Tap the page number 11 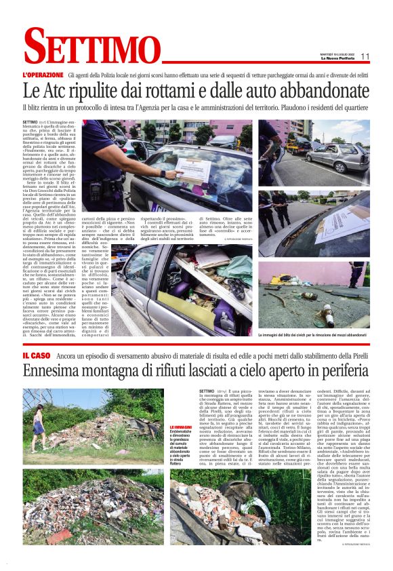point(365,57)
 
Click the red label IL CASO point(38,355)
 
